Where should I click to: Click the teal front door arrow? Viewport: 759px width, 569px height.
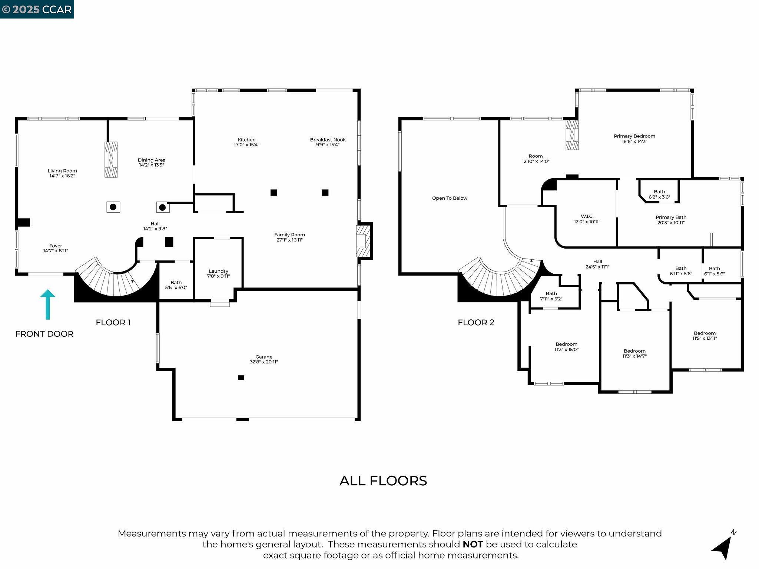48,304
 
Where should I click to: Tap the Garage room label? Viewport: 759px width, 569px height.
264,357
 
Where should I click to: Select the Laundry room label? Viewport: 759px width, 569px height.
218,271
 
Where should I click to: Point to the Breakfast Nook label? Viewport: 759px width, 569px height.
328,140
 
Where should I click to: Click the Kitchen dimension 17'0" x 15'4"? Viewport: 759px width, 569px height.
246,145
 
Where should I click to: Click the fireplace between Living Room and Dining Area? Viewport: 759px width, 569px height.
111,160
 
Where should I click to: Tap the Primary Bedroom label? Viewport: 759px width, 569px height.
634,136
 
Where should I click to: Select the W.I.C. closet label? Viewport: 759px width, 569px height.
587,216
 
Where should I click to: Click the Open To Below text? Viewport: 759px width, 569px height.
450,198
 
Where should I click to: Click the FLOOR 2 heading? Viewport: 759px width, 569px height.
476,322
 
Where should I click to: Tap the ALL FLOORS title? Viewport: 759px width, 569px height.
383,481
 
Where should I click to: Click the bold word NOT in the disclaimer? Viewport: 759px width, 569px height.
473,544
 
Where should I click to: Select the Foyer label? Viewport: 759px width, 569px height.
56,246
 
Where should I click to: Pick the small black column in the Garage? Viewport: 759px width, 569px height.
241,377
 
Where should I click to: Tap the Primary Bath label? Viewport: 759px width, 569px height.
671,217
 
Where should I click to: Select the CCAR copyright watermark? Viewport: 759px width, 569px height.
37,9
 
